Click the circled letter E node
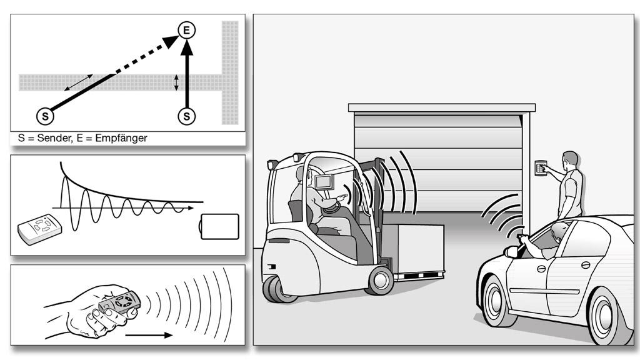186,30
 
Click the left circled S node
45,116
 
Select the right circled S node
186,116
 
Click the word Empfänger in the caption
121,138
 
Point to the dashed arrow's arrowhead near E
171,41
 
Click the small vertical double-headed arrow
176,82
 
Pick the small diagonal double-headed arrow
78,83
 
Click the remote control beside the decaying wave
39,229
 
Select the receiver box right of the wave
219,226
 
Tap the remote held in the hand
119,303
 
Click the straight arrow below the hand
149,335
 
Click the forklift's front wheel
380,281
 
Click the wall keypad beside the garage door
541,167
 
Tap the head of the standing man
570,159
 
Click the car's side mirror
511,252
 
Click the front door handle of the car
541,269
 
